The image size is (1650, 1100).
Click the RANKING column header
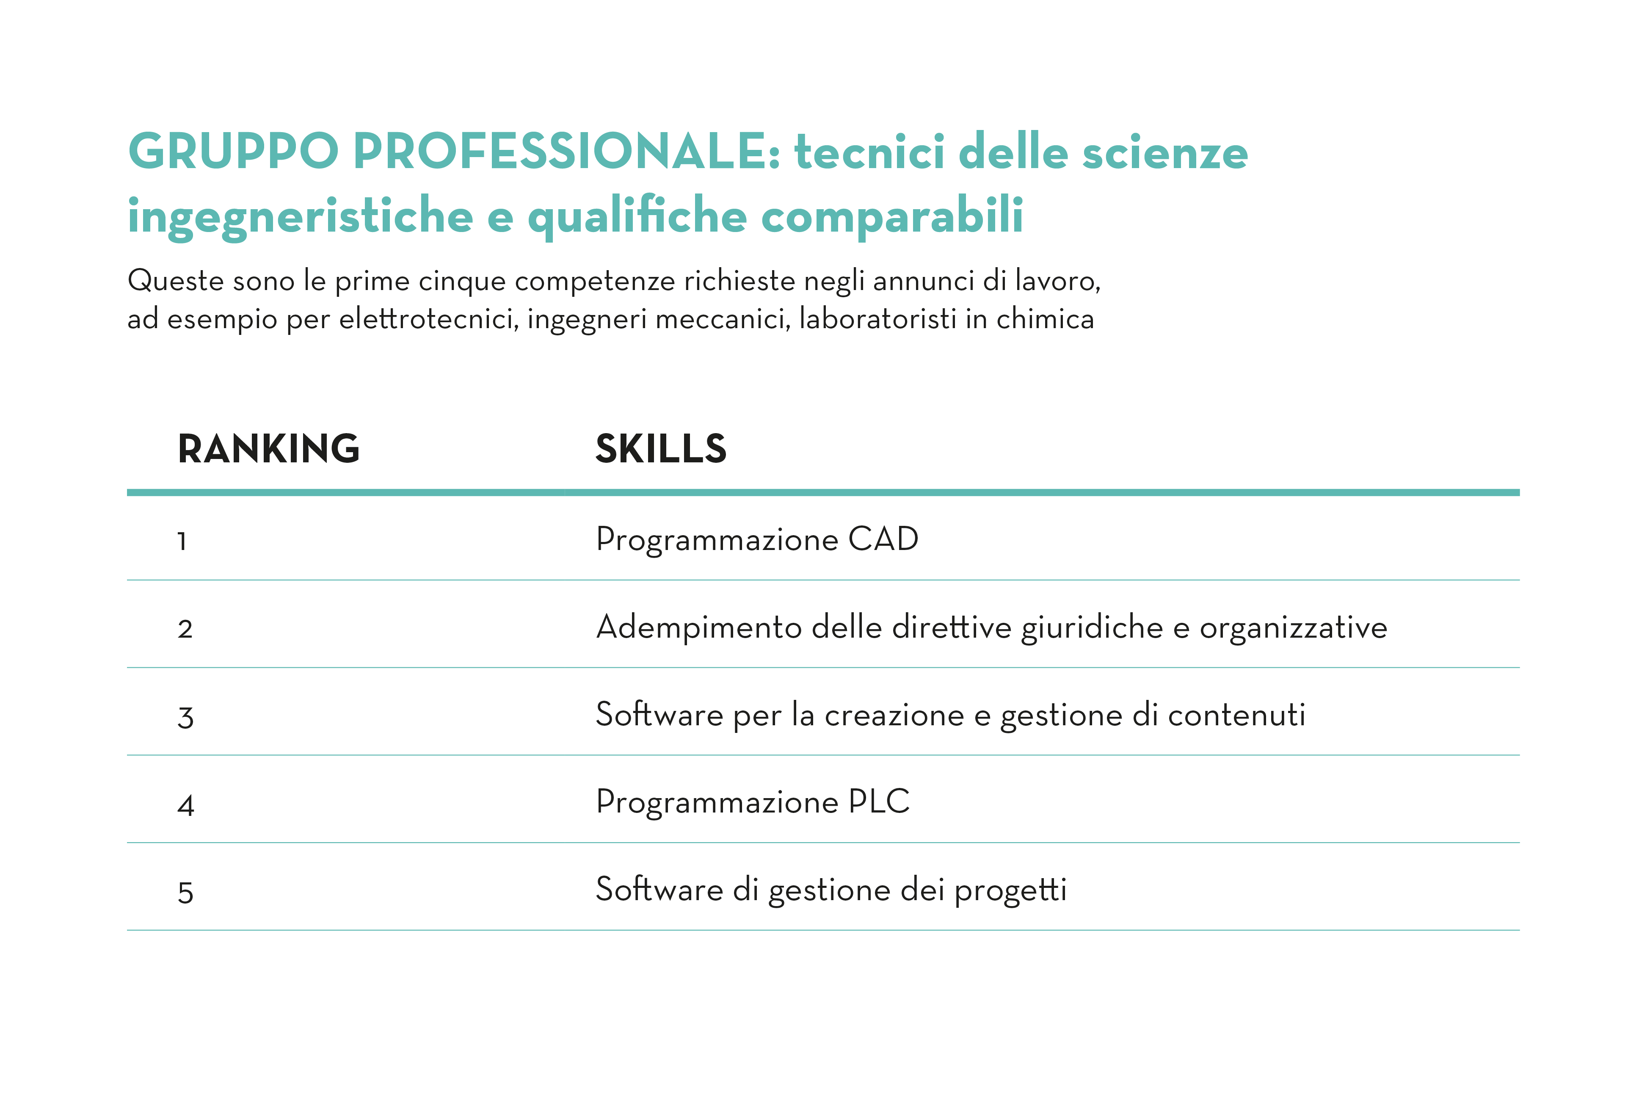pos(268,448)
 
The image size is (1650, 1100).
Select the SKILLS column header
pos(661,448)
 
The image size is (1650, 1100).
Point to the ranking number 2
pos(185,629)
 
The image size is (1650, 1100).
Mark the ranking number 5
pos(185,893)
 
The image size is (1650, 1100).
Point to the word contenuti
pos(1236,715)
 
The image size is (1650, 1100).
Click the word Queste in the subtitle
pos(176,281)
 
